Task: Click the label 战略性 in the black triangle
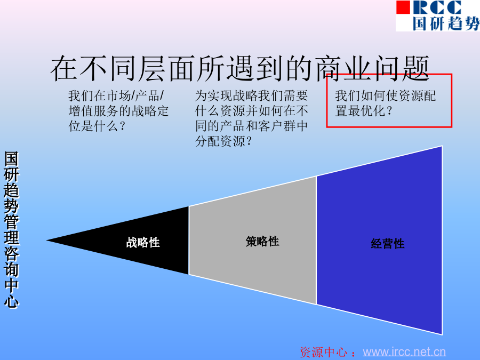[143, 243]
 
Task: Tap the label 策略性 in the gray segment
[262, 241]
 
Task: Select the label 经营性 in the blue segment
[388, 244]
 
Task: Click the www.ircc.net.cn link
[404, 352]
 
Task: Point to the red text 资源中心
[323, 352]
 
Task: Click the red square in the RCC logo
[403, 7]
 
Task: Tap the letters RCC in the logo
[436, 7]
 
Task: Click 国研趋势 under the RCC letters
[446, 23]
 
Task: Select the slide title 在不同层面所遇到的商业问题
[240, 69]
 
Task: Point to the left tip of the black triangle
[46, 241]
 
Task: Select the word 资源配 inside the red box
[417, 96]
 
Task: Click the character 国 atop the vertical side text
[11, 159]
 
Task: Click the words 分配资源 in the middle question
[220, 141]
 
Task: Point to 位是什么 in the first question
[93, 126]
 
